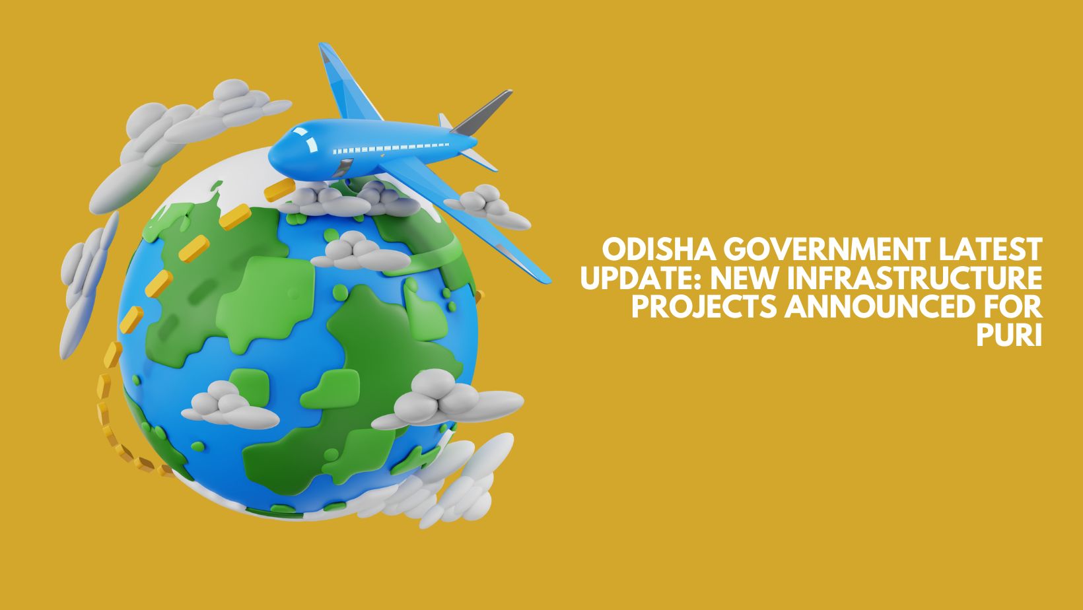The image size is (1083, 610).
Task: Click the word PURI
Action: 1009,335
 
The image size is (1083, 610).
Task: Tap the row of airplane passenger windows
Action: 391,147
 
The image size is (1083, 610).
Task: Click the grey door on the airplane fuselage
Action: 342,168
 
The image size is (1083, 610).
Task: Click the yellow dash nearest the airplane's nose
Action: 279,189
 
